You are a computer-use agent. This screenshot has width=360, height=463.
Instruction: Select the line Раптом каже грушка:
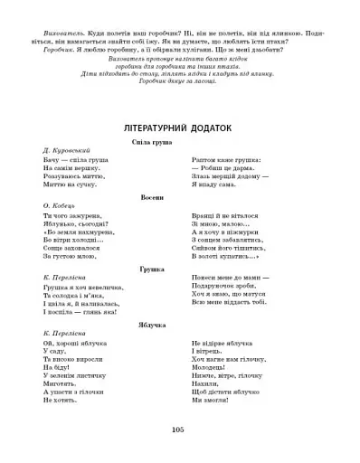tap(227, 159)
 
